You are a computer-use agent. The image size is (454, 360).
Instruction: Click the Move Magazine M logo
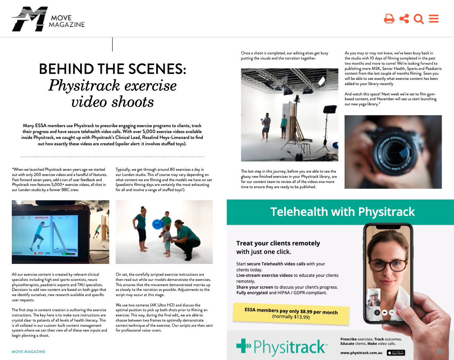tap(30, 19)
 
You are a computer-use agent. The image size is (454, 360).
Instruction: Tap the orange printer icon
tap(389, 19)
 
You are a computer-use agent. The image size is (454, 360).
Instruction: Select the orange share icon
tap(404, 19)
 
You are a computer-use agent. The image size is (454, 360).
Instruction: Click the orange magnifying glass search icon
tap(418, 19)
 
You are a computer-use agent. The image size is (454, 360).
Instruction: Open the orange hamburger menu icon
tap(434, 19)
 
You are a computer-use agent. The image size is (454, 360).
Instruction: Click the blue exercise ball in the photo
tap(157, 224)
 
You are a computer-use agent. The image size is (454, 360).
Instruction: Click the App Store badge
tap(396, 353)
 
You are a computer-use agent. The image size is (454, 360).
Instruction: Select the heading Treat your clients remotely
tap(278, 243)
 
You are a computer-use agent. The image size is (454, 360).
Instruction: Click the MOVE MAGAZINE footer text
tap(28, 352)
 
